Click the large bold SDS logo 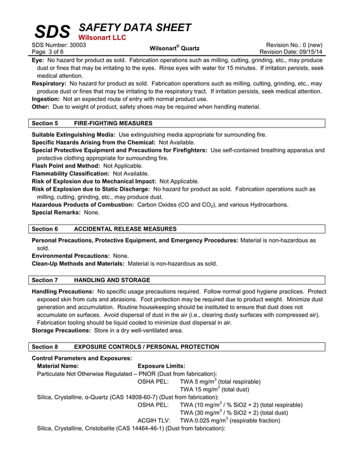click(52, 32)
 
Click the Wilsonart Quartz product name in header click(174, 48)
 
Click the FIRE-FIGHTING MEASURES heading click(113, 123)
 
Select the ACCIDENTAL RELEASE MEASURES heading click(125, 229)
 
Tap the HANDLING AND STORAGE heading click(112, 280)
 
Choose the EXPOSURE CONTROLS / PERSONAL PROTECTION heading click(147, 346)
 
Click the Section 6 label click(45, 229)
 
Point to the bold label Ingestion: click(47, 99)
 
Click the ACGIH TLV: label click(153, 420)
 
